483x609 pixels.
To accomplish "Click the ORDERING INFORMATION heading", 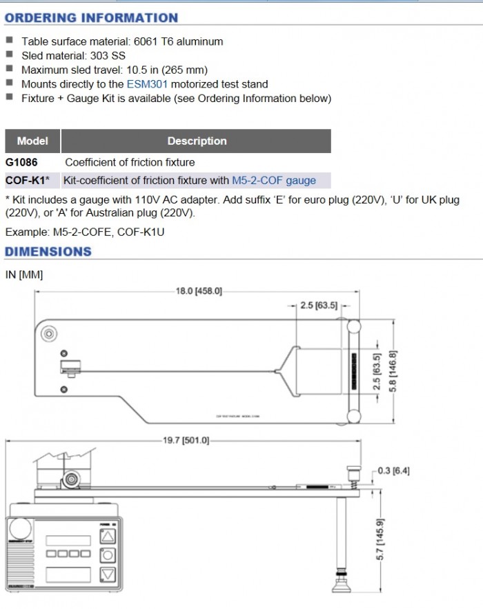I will pos(91,18).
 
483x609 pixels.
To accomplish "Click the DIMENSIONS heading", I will pos(48,252).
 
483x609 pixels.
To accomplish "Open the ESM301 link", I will pos(147,84).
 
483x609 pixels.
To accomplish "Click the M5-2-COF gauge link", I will pos(274,181).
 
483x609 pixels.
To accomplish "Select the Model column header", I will pos(32,141).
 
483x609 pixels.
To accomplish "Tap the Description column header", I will pos(197,141).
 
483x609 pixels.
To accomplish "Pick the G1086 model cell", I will pos(22,162).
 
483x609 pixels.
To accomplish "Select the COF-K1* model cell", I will pos(28,181).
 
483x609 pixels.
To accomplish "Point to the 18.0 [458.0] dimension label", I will pos(199,292).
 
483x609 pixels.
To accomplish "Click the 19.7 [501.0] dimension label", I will pos(186,440).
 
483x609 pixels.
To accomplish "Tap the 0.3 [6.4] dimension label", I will pos(393,471).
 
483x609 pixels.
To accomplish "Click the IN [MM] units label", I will pos(23,275).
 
